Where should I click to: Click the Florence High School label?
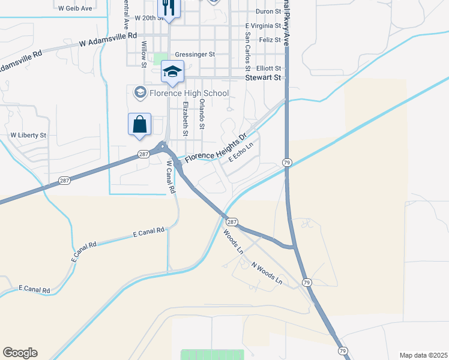(x=189, y=93)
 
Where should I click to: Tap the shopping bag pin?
(x=139, y=125)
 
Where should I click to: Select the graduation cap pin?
(x=172, y=72)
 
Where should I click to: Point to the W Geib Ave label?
(x=76, y=9)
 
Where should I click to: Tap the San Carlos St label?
(x=247, y=44)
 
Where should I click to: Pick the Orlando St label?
(x=202, y=114)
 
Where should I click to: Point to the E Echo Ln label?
(x=241, y=150)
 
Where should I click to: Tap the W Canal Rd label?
(x=170, y=176)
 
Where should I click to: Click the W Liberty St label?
(x=28, y=136)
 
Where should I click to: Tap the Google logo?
(x=20, y=353)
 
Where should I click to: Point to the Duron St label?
(x=268, y=11)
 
